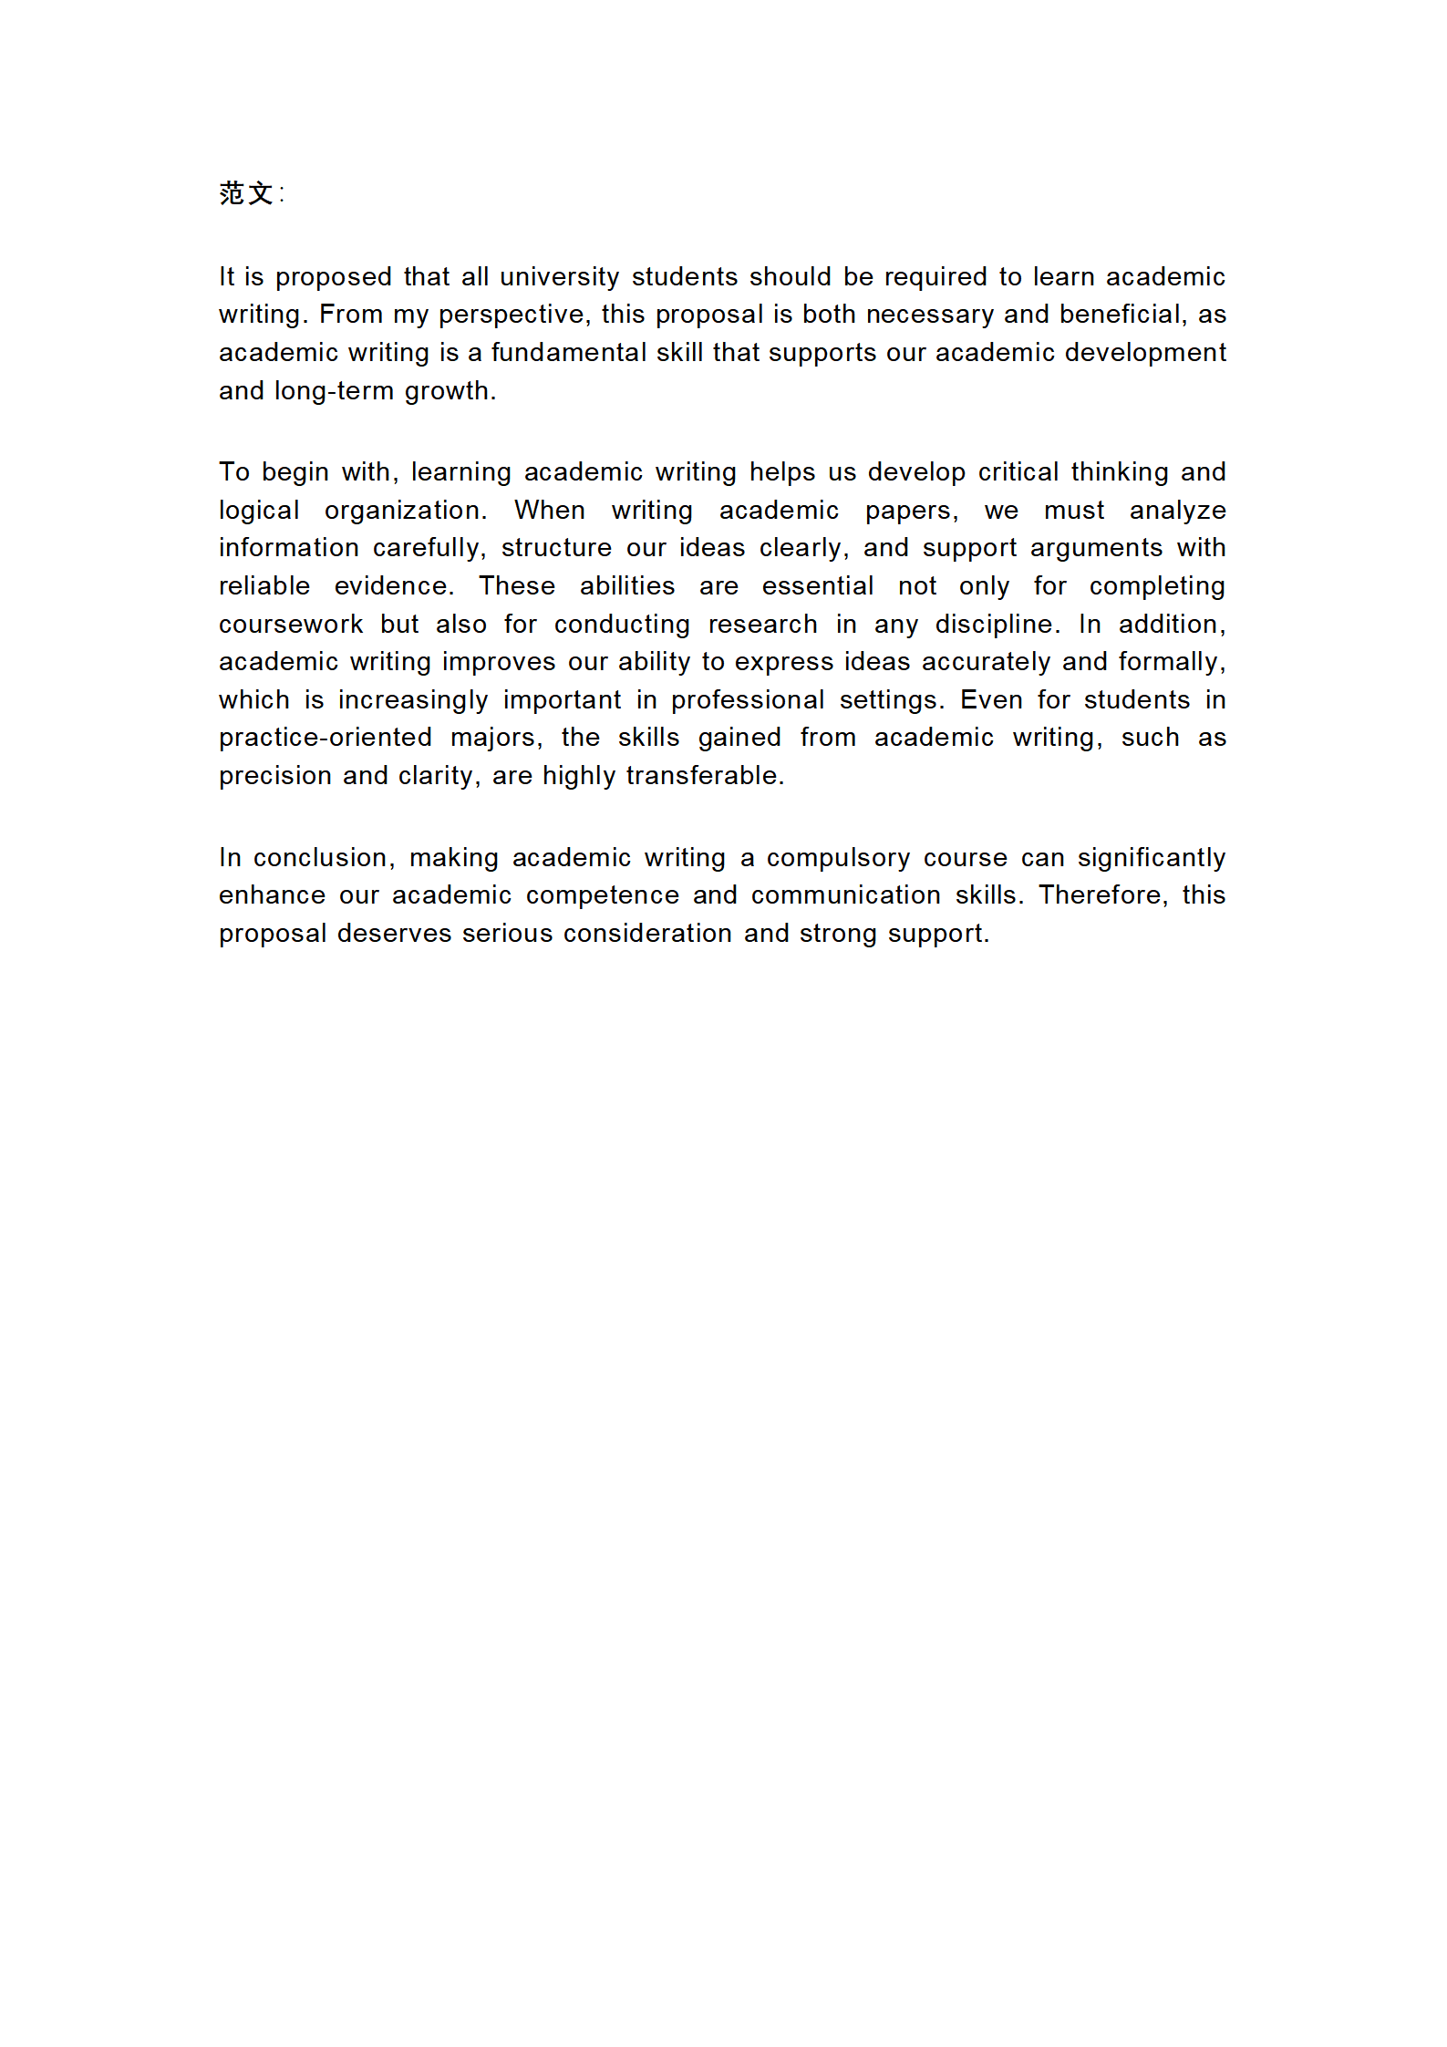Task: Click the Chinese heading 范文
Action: click(246, 193)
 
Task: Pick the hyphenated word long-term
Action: click(334, 390)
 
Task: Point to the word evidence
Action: click(393, 585)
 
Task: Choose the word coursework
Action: click(290, 624)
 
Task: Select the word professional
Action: click(748, 699)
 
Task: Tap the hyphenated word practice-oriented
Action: click(325, 737)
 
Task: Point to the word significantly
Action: click(1151, 857)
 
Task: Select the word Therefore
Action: click(1102, 894)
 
